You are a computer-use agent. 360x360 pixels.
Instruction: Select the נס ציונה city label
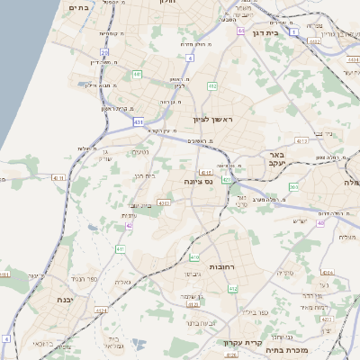197,181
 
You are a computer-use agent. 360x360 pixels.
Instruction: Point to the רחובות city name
221,267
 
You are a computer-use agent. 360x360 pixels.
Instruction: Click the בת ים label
79,7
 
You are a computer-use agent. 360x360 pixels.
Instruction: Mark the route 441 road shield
138,75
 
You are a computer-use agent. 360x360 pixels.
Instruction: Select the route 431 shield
138,120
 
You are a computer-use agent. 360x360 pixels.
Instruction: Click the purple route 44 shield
241,31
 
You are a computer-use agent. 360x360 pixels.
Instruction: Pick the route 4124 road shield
101,310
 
